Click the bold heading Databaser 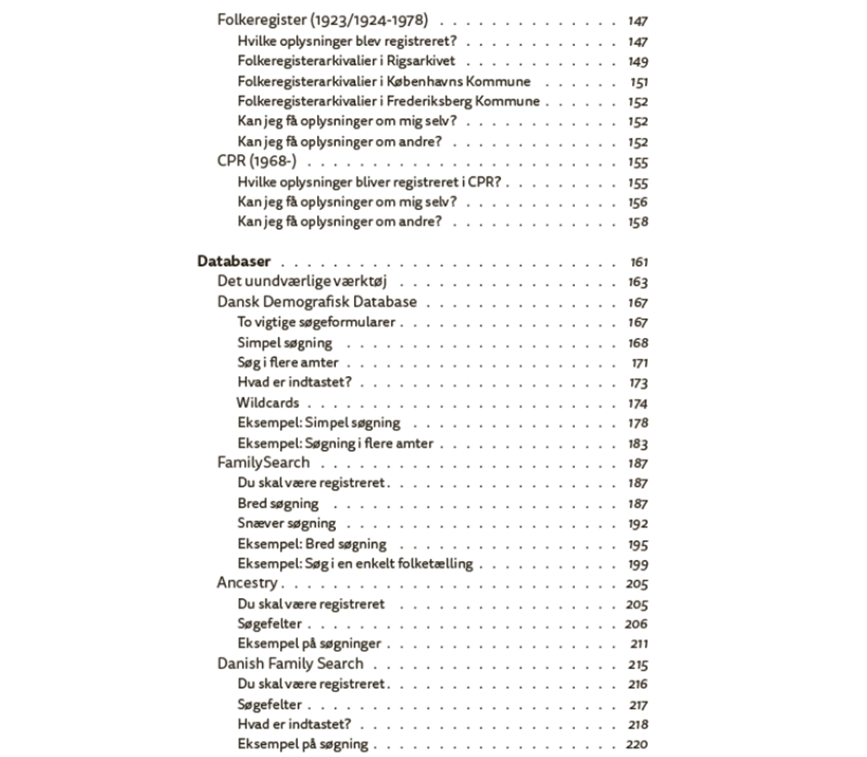234,262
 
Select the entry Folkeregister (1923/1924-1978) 323,21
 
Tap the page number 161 638,263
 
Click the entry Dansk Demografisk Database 317,302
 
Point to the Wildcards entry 268,403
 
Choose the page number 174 638,404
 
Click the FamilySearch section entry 263,462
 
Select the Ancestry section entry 247,583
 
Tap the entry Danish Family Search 290,664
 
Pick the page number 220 637,745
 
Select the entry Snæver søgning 287,524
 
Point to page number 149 638,61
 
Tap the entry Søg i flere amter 288,363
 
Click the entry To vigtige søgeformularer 316,322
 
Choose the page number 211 639,645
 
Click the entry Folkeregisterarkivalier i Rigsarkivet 346,61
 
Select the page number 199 638,564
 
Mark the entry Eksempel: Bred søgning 312,544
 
